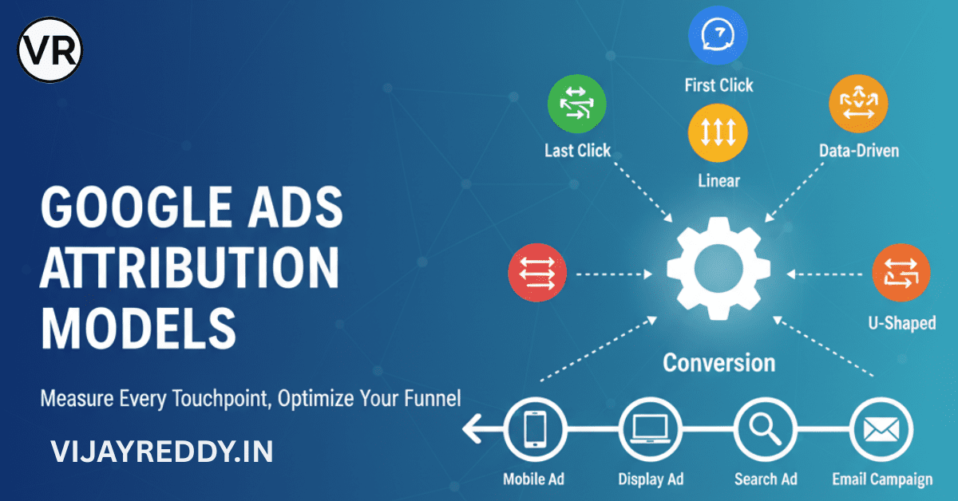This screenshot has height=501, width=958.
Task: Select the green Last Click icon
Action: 576,105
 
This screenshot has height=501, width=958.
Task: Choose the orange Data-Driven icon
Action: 858,105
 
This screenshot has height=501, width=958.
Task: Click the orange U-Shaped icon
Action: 901,273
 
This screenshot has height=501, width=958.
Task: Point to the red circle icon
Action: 537,274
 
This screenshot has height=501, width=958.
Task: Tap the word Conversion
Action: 718,363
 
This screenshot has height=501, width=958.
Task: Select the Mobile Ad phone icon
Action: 535,431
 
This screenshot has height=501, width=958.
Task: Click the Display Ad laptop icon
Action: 649,431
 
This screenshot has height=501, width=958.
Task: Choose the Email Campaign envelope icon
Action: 880,431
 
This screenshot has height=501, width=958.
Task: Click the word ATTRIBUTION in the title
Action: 190,270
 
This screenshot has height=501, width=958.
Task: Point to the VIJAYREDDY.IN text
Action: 161,452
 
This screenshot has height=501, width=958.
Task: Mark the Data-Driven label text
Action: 858,150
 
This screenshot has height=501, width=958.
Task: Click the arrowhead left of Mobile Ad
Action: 470,432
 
